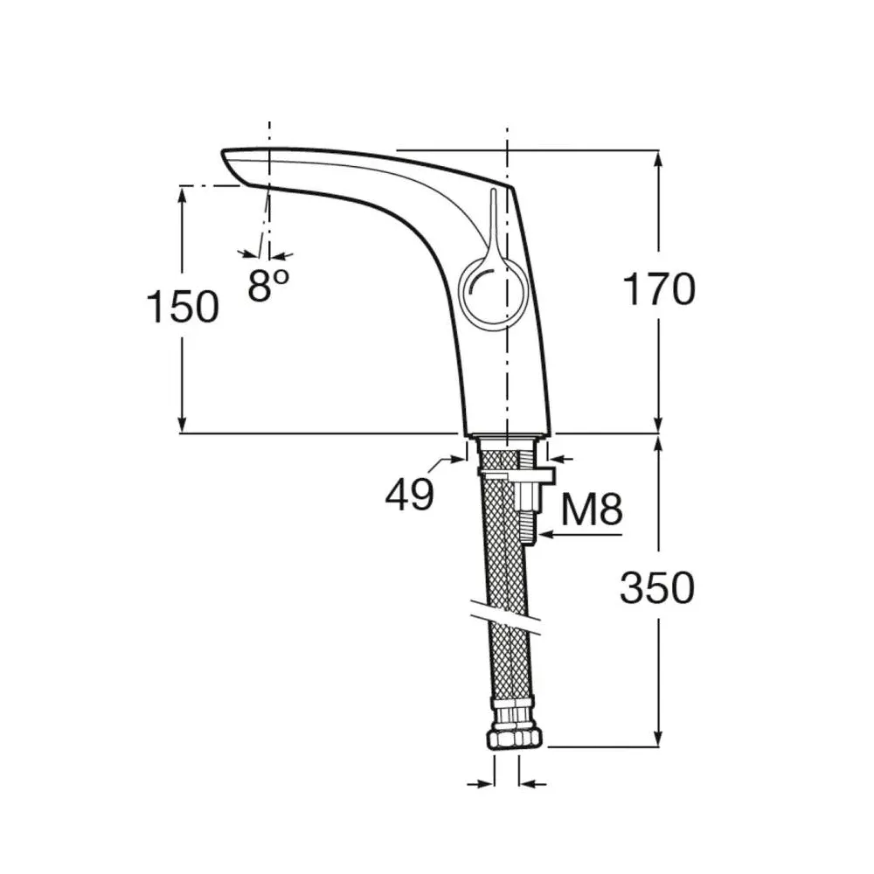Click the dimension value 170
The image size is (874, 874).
pos(658,289)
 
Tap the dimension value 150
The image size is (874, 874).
pos(183,307)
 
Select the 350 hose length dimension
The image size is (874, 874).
pos(657,587)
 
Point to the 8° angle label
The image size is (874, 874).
pos(268,285)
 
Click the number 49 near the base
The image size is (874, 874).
pos(409,494)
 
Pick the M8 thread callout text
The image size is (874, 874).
pos(592,510)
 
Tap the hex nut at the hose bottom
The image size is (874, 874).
pos(515,739)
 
